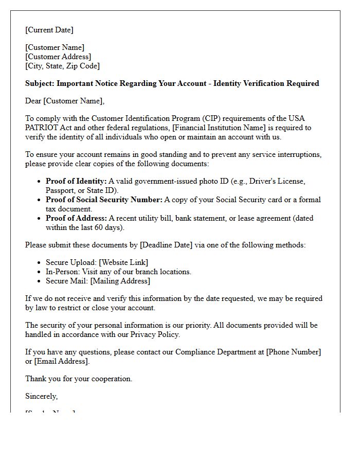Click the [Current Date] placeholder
(x=49, y=30)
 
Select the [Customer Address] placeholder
(x=58, y=57)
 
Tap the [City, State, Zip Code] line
(x=62, y=66)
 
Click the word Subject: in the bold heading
(x=40, y=83)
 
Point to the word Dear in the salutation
(x=33, y=101)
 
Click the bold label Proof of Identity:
(x=76, y=181)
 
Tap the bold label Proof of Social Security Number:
(x=104, y=200)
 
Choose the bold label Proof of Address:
(x=76, y=218)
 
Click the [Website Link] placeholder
(x=123, y=262)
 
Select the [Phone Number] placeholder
(x=293, y=352)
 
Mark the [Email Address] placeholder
(x=62, y=361)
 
